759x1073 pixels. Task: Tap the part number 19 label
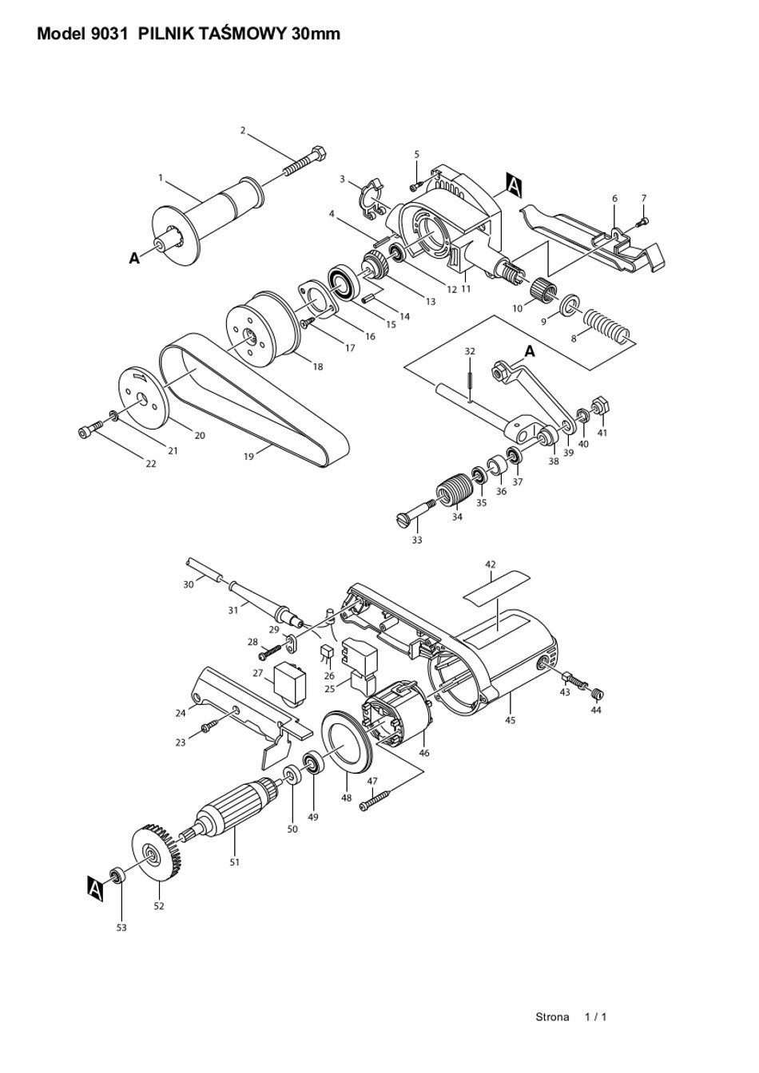tap(248, 457)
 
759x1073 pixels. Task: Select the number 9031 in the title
tap(109, 34)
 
